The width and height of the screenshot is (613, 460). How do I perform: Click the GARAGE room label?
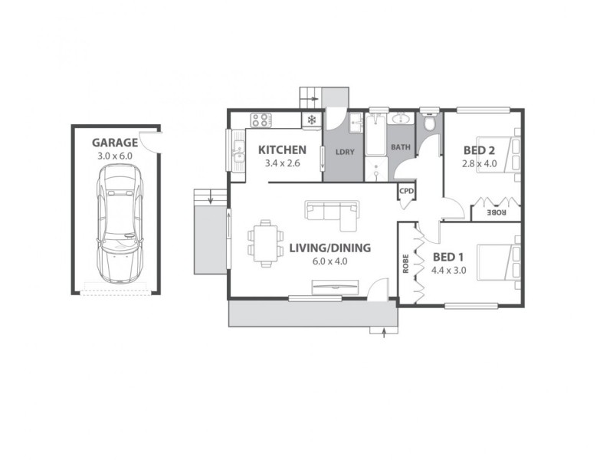point(115,143)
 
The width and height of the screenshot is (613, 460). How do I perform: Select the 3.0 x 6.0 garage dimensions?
point(115,156)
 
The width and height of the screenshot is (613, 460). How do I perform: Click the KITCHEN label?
point(282,149)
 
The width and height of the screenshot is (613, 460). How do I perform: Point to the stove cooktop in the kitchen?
point(261,120)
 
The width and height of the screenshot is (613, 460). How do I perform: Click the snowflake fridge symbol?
point(312,120)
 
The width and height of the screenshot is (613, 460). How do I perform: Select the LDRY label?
point(345,152)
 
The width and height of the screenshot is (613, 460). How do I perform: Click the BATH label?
point(401,146)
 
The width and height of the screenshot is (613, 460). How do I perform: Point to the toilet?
point(429,123)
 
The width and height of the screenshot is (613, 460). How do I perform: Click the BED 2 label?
point(480,150)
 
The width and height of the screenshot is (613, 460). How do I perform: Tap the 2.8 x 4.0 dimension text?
point(480,163)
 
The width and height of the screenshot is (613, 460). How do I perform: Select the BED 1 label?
point(448,257)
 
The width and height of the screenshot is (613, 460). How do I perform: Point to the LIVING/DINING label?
point(329,248)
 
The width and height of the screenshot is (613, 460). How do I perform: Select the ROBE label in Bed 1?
point(405,263)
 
